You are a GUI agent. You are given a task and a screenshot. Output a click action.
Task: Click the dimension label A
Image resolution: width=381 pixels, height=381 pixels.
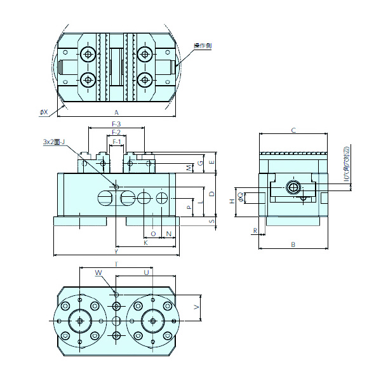click(116, 112)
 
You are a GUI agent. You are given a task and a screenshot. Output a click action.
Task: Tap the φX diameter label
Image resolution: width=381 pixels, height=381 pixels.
click(43, 112)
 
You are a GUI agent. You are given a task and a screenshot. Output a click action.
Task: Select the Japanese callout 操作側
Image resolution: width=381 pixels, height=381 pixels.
click(203, 46)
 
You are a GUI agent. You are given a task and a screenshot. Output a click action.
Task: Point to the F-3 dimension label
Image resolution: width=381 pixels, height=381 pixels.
click(116, 123)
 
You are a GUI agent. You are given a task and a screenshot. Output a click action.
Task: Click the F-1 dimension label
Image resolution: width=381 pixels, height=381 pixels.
click(116, 141)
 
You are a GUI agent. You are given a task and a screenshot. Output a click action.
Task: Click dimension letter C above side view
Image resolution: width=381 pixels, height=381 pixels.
click(293, 130)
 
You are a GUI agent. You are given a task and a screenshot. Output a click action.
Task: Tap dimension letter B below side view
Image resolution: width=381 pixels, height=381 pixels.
click(293, 244)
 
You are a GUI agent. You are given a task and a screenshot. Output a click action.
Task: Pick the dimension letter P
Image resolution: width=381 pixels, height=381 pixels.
click(189, 207)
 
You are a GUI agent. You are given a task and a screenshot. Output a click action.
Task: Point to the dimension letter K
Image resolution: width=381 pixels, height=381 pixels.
click(145, 243)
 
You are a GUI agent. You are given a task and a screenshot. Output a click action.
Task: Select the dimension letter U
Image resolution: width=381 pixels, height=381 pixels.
click(147, 272)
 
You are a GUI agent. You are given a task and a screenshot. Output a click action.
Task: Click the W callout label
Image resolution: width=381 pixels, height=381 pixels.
click(98, 272)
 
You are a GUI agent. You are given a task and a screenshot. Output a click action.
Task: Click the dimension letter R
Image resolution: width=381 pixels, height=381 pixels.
click(255, 231)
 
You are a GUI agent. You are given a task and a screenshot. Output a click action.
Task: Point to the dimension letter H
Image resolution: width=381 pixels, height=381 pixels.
click(232, 201)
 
